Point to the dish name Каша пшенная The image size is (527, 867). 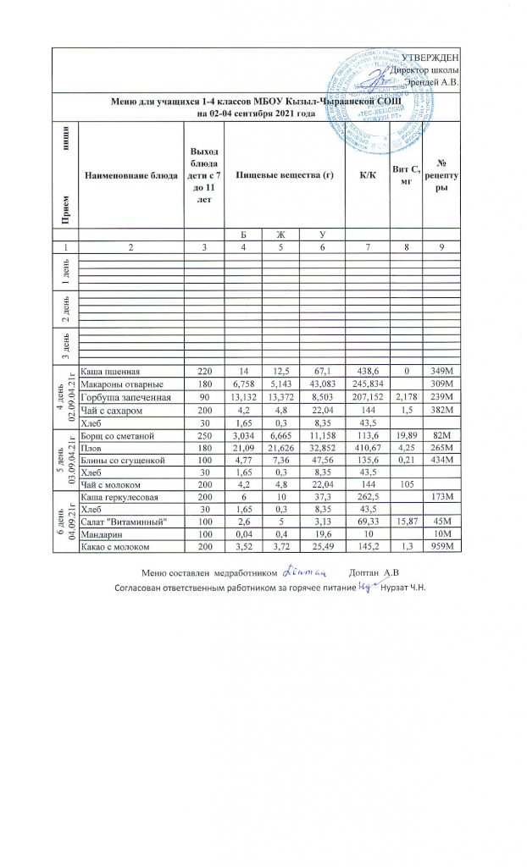[109, 371]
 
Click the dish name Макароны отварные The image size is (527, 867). [117, 384]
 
